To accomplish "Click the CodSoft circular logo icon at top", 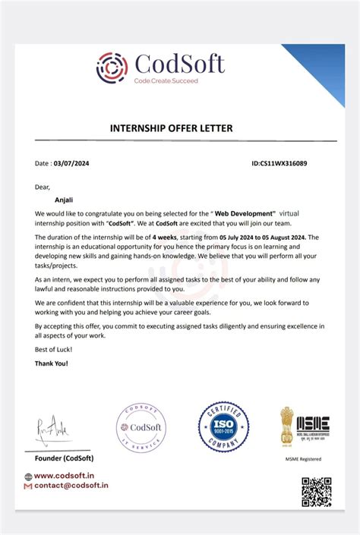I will [x=112, y=67].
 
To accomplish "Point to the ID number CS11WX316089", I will [x=279, y=163].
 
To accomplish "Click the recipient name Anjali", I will [x=55, y=200].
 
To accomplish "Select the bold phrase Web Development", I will [x=244, y=215].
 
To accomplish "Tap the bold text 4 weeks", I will [x=167, y=237].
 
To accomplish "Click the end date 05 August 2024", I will [x=276, y=237].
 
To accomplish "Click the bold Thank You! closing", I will [x=51, y=363].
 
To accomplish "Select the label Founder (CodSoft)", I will [x=64, y=458].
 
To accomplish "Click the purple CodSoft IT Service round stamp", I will [x=141, y=428].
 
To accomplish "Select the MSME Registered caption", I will [x=303, y=458].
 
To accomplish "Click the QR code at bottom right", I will [x=316, y=492].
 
